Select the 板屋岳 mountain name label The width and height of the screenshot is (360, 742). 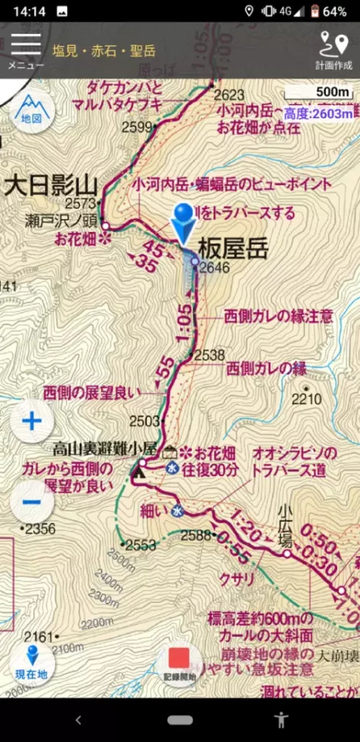(233, 249)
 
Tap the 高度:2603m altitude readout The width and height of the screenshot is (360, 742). (318, 114)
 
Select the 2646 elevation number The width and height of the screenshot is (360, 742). (215, 268)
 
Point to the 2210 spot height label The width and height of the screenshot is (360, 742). (306, 399)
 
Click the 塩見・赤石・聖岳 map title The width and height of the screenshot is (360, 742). (104, 51)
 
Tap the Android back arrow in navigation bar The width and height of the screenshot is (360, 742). (78, 720)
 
